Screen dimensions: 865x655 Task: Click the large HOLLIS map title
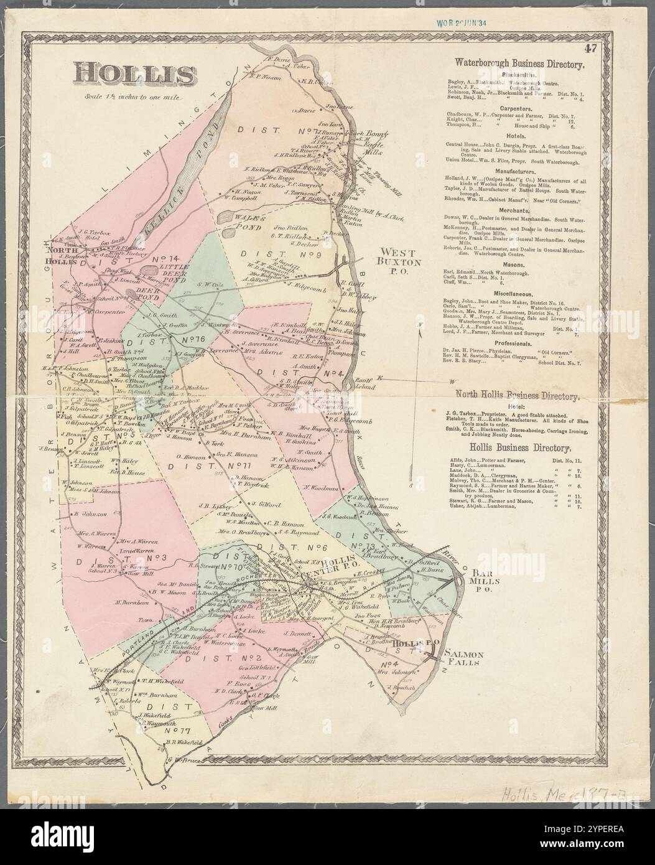(134, 73)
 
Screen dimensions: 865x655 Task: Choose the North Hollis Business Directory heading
(518, 395)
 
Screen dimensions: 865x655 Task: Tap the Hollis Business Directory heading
(518, 448)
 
